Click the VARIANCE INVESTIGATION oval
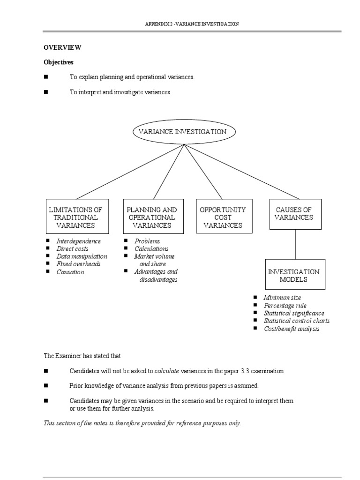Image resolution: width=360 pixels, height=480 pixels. pos(184,132)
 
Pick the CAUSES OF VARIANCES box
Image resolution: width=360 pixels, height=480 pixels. pos(295,214)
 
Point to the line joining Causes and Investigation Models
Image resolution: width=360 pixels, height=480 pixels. pos(295,244)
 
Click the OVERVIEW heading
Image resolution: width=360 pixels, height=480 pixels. pos(62,47)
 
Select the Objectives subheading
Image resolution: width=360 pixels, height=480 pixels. pos(59,62)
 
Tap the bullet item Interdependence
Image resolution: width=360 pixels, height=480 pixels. pos(78,241)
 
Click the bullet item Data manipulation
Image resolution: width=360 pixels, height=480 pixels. pos(82,256)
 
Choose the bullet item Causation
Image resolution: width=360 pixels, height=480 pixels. pos(70,272)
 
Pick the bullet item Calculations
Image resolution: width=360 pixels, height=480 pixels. pos(151,249)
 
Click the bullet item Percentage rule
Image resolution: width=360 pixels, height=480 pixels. pos(285,306)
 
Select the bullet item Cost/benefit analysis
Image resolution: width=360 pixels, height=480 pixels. pos(291,329)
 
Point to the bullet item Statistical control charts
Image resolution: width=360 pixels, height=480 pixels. pos(296,321)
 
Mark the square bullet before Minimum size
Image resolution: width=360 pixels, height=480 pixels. pos(255,298)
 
